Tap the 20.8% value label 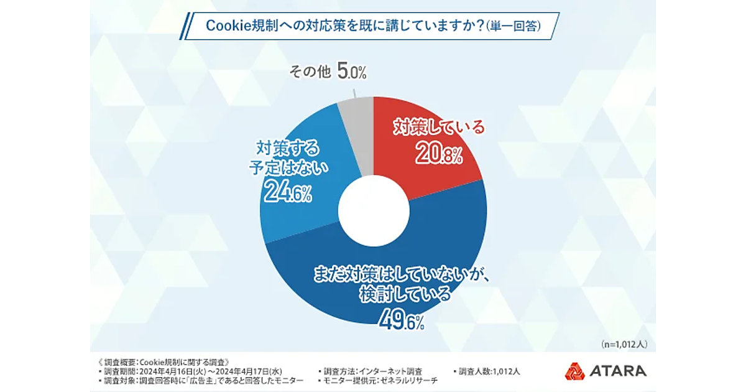438,154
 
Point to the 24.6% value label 287,192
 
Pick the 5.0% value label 351,71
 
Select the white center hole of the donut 373,212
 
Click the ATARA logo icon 574,371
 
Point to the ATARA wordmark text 619,371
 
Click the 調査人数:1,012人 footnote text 489,371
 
